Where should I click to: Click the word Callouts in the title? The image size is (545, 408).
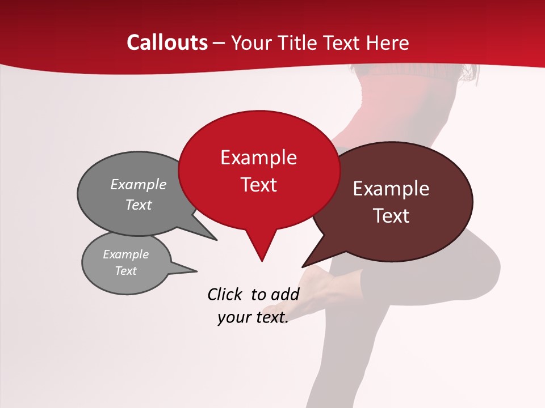(x=167, y=42)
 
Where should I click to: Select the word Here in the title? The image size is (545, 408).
(x=387, y=42)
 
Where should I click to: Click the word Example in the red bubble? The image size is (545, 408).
(x=258, y=158)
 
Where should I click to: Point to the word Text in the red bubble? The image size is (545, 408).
(x=258, y=185)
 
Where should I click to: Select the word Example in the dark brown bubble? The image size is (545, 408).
(x=391, y=189)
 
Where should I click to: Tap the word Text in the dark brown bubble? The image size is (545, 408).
(x=392, y=216)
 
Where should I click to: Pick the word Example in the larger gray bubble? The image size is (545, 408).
(x=139, y=184)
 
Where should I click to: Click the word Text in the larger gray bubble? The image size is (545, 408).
(x=139, y=205)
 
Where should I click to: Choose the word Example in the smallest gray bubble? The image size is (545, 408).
(x=125, y=254)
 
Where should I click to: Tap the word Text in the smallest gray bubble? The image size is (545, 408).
(x=125, y=271)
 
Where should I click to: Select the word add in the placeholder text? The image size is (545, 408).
(x=284, y=294)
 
